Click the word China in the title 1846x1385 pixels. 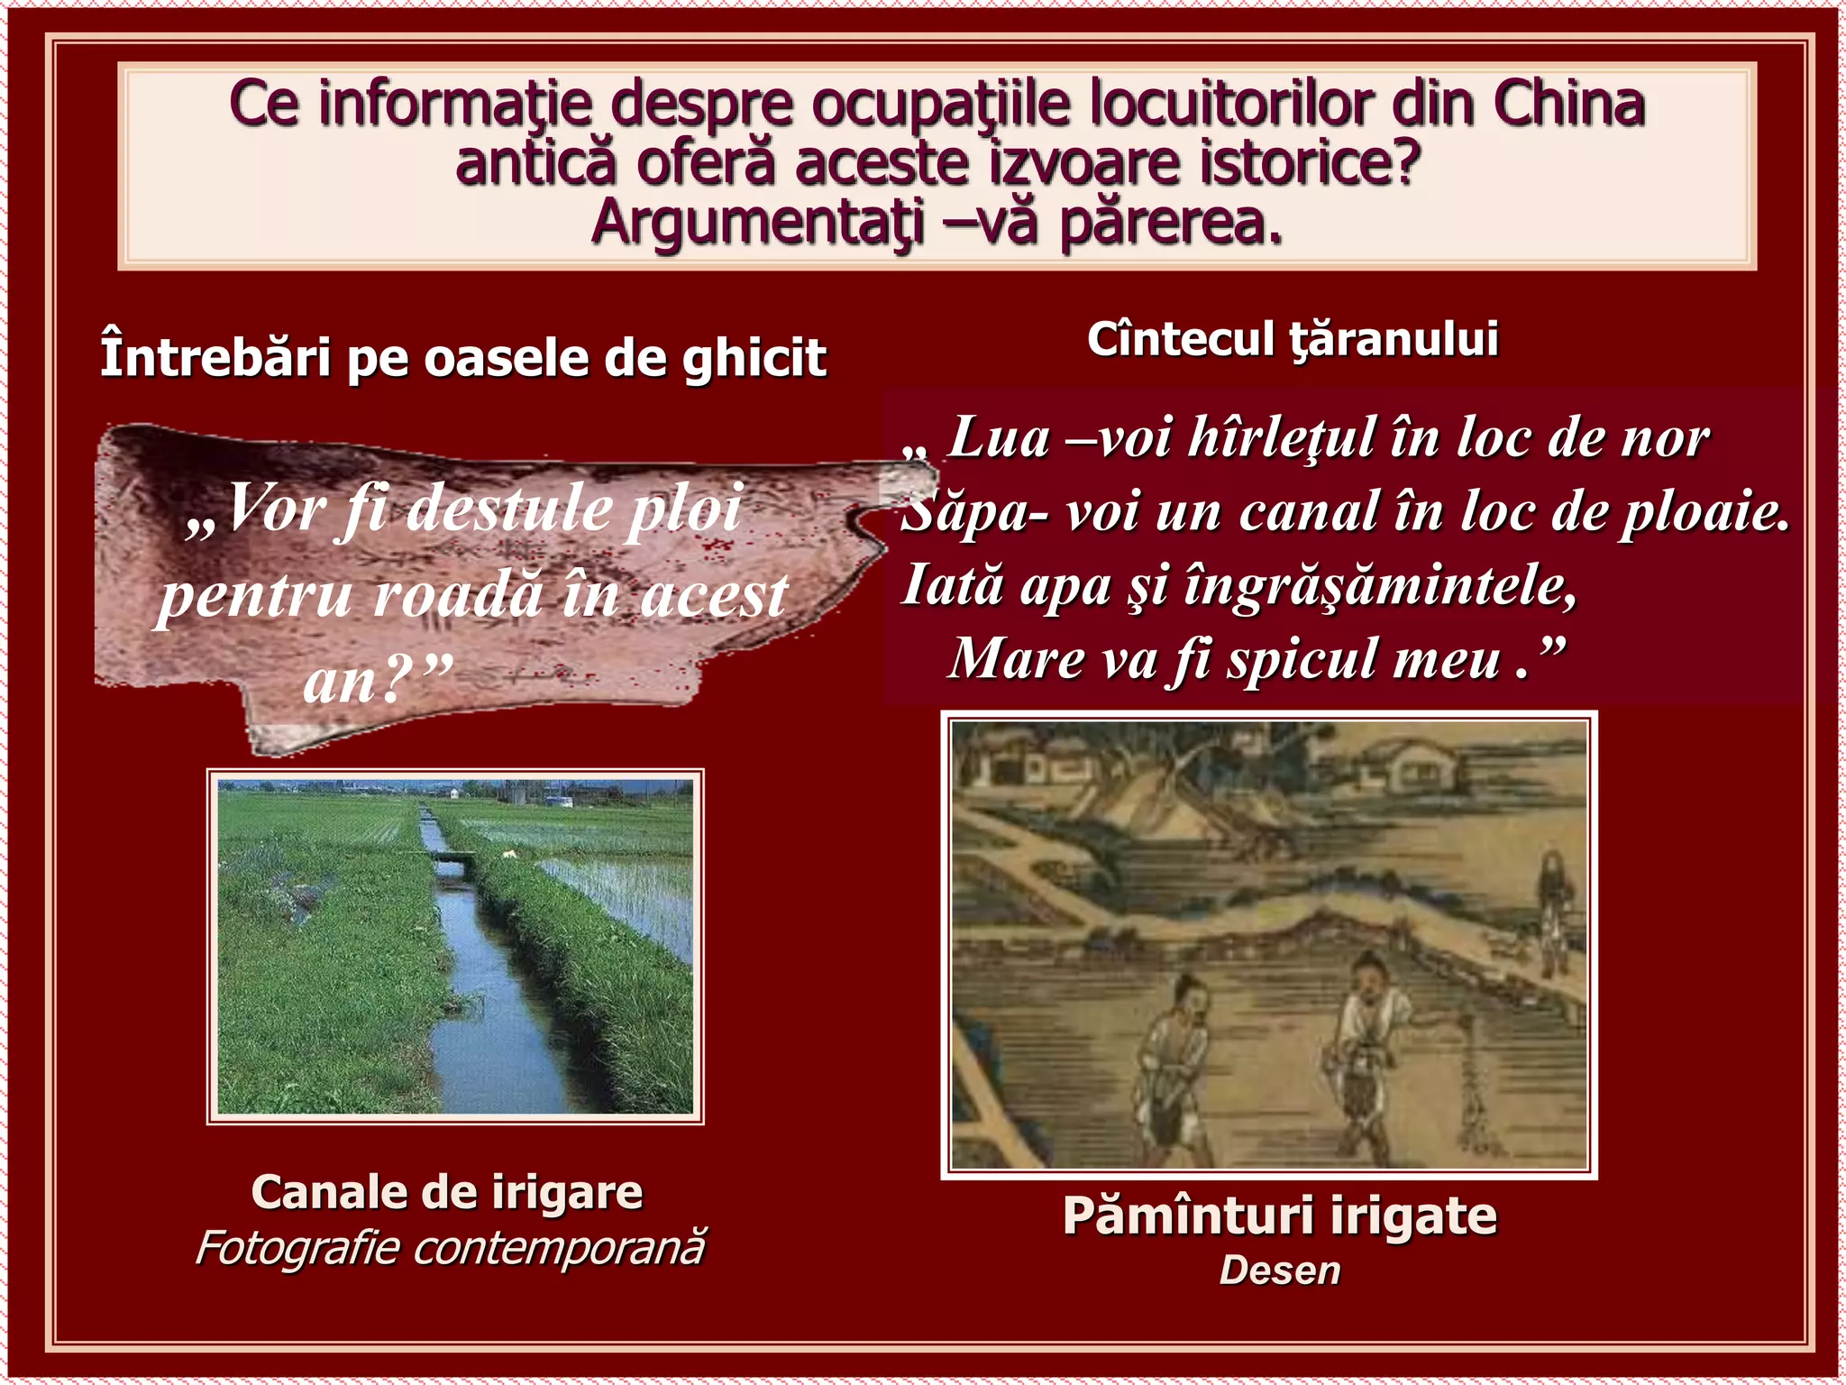[1569, 104]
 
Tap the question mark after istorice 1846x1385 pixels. [1403, 164]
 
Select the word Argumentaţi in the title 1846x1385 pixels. [758, 223]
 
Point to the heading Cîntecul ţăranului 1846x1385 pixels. [1293, 340]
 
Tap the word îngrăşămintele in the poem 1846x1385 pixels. [1380, 586]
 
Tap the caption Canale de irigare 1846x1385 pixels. [447, 1192]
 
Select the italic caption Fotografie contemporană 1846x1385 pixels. [450, 1249]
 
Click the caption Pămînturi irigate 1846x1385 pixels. [1279, 1215]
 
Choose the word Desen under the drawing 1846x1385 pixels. [1279, 1270]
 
